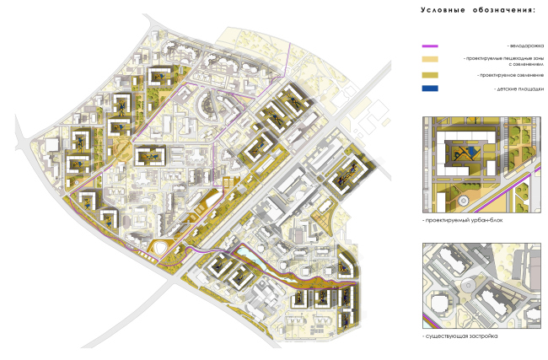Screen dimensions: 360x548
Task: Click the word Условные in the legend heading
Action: [445, 10]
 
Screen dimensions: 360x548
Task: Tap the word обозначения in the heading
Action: [503, 10]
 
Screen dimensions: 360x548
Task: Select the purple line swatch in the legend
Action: [430, 46]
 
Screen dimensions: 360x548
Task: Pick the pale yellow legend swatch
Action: [430, 60]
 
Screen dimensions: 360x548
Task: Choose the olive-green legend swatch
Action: [430, 76]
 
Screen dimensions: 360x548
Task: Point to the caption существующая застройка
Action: [460, 336]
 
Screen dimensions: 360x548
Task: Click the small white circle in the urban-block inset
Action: [465, 200]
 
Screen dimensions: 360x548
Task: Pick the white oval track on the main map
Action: [161, 249]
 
